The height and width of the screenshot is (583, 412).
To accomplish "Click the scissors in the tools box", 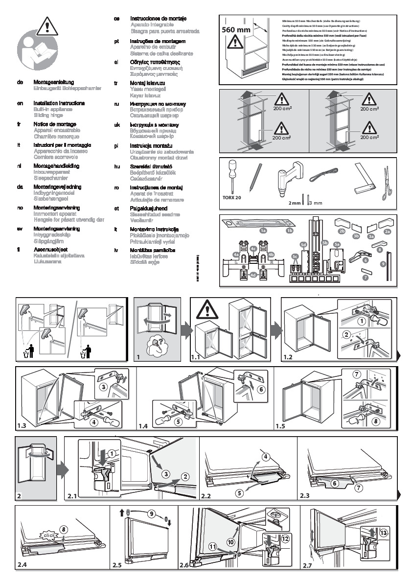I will [387, 188].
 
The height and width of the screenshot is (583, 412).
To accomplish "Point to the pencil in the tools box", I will [254, 178].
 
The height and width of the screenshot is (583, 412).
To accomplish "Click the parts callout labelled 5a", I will [337, 244].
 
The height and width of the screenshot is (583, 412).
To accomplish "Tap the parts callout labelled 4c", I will [253, 249].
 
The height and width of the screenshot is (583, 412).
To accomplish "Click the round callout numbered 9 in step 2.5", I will [151, 513].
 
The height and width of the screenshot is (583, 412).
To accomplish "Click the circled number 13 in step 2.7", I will [384, 533].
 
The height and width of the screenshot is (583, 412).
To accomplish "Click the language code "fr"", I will [18, 124].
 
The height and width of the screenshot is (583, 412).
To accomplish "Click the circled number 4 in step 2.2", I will [266, 457].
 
